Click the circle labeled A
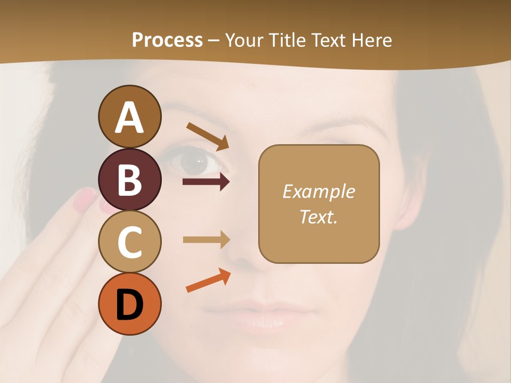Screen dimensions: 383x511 click(129, 116)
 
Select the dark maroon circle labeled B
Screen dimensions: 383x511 click(129, 179)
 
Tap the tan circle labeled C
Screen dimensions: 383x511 click(129, 242)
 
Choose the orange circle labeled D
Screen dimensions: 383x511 click(129, 304)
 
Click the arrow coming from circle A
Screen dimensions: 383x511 click(207, 136)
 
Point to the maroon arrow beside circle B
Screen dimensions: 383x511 click(206, 182)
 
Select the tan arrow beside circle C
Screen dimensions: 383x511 click(206, 239)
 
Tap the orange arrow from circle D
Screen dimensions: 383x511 click(208, 280)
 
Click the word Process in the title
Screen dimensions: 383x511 click(167, 40)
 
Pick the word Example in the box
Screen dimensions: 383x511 click(318, 191)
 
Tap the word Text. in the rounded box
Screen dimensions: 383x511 click(318, 217)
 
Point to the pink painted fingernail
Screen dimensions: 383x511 click(85, 199)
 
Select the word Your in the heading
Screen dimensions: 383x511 click(244, 40)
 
